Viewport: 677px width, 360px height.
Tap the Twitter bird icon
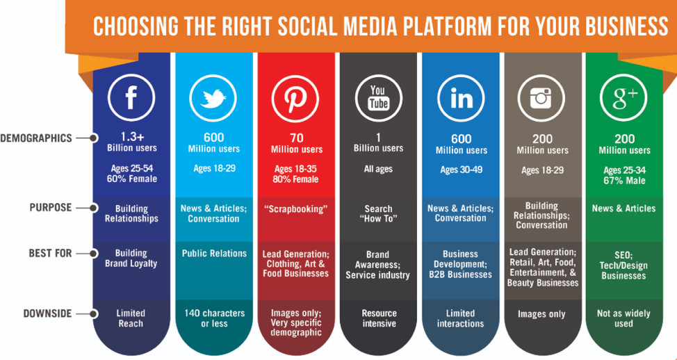click(x=213, y=99)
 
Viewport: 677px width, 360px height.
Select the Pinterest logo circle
click(x=296, y=99)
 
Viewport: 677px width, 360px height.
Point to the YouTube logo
click(x=378, y=99)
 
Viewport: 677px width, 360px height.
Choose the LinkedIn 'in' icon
click(x=460, y=99)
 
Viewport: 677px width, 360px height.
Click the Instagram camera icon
click(x=542, y=99)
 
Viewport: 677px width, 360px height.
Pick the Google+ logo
click(x=624, y=99)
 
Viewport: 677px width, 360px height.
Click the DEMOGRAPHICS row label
click(x=35, y=138)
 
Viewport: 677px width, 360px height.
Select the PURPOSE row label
click(x=51, y=208)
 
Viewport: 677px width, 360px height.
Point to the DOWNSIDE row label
click(x=47, y=313)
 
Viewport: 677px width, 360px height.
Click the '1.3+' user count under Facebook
click(x=131, y=138)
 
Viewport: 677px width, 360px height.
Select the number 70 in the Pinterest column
click(x=296, y=138)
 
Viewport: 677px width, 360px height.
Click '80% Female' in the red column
click(x=296, y=179)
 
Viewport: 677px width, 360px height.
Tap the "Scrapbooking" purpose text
click(x=296, y=208)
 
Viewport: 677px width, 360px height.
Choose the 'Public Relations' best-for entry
click(x=214, y=254)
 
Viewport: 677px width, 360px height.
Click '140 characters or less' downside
click(x=214, y=318)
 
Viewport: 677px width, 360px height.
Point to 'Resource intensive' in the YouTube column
click(x=379, y=318)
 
